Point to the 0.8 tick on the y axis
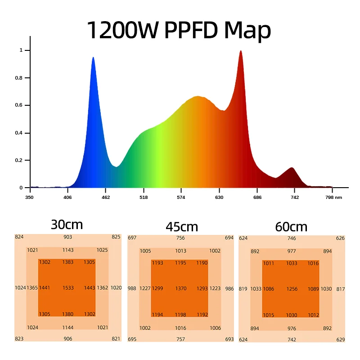pyautogui.click(x=21, y=78)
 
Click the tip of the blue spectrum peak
pyautogui.click(x=93, y=58)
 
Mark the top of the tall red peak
pyautogui.click(x=241, y=51)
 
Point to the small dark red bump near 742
pyautogui.click(x=292, y=168)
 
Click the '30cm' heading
pyautogui.click(x=67, y=224)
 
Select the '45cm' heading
pyautogui.click(x=182, y=226)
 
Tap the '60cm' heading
pyautogui.click(x=291, y=227)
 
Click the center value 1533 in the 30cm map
pyautogui.click(x=68, y=288)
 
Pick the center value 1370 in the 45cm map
pyautogui.click(x=180, y=288)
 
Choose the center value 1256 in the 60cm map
pyautogui.click(x=292, y=289)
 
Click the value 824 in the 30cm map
pyautogui.click(x=19, y=237)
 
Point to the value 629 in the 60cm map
pyautogui.click(x=340, y=339)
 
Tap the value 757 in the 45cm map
pyautogui.click(x=180, y=339)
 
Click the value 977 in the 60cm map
pyautogui.click(x=292, y=252)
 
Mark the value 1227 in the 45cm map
pyautogui.click(x=144, y=288)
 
